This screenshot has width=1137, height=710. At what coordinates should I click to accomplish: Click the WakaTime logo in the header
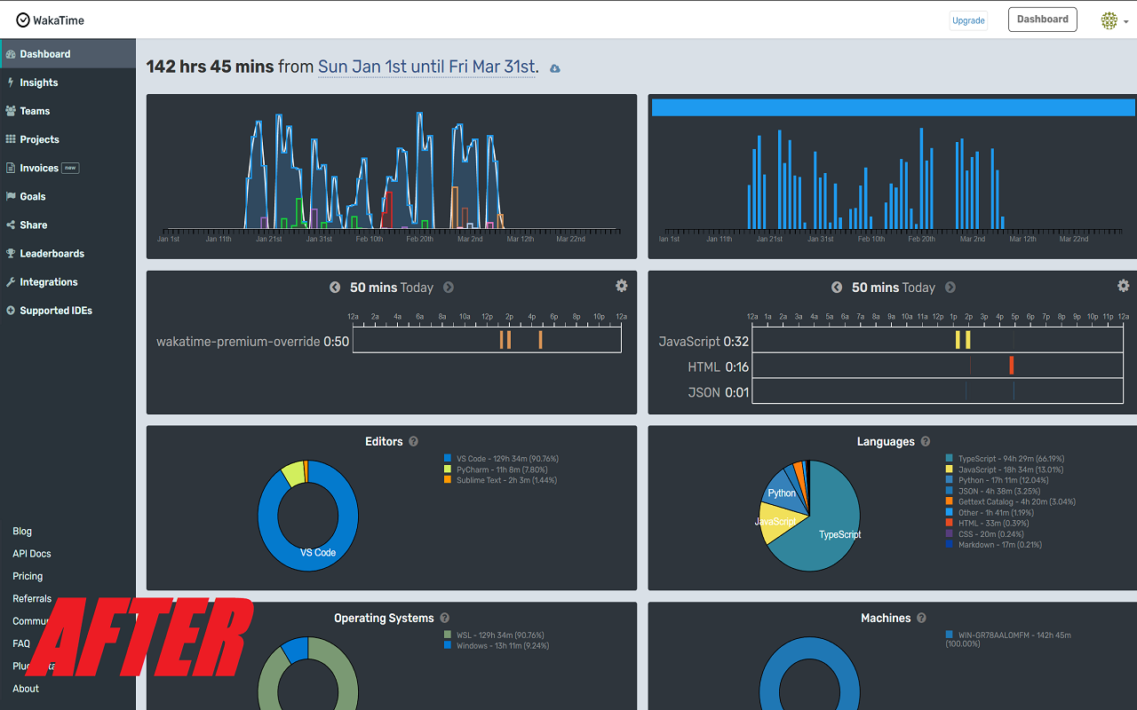coord(50,20)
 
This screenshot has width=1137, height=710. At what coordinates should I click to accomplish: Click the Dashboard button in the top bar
coord(1042,20)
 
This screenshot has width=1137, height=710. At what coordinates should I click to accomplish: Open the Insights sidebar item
coord(39,83)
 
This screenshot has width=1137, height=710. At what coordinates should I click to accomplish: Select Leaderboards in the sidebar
coord(52,254)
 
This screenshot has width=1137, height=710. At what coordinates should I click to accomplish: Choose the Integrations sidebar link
coord(49,282)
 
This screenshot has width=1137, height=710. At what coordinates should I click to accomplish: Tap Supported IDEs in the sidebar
coord(55,311)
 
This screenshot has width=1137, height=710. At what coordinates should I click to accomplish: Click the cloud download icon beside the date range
coord(555,68)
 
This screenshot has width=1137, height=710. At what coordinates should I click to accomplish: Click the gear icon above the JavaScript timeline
coord(1123,286)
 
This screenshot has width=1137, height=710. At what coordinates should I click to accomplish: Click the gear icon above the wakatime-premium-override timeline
coord(621,286)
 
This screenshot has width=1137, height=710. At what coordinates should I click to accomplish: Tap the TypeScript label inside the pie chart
coord(839,534)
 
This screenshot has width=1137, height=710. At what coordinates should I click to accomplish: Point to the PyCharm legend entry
coord(502,469)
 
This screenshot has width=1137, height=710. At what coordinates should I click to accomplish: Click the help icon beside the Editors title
coord(413,442)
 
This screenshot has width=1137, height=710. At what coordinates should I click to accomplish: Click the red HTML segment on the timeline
coord(1011,365)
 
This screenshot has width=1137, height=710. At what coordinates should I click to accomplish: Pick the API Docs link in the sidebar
coord(32,554)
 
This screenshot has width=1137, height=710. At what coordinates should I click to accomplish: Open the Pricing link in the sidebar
coord(28,576)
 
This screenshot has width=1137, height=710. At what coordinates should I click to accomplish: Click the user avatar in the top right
coord(1109,20)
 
